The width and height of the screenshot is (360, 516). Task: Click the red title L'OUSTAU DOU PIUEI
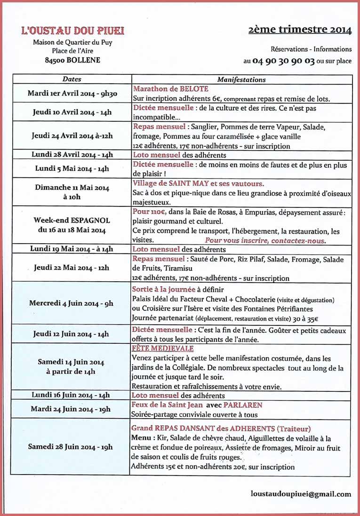(x=72, y=31)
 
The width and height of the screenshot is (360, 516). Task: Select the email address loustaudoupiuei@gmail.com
(x=301, y=494)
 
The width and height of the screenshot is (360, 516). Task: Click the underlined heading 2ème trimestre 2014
(x=300, y=30)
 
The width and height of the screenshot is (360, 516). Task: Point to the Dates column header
(x=72, y=79)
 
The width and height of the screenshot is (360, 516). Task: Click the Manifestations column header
(x=241, y=79)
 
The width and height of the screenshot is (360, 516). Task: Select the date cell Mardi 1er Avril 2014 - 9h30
(x=72, y=93)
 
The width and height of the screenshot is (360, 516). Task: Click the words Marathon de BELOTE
(x=171, y=88)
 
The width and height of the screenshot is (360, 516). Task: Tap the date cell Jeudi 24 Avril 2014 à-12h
(x=72, y=135)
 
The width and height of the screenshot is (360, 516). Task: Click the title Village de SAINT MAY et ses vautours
(x=199, y=183)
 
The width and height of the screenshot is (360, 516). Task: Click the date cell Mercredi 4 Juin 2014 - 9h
(x=71, y=303)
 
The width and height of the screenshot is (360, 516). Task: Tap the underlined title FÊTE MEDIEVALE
(x=163, y=349)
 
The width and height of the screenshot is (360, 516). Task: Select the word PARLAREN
(x=243, y=405)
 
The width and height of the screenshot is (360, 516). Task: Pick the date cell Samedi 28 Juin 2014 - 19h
(x=71, y=446)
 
